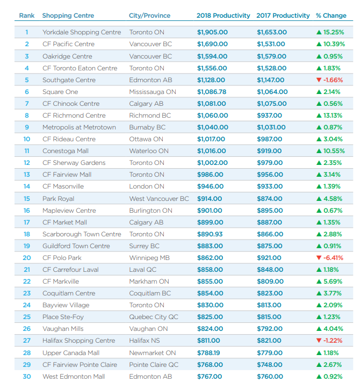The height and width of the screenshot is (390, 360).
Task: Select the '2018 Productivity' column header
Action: pyautogui.click(x=223, y=16)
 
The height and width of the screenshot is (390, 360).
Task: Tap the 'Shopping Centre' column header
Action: pyautogui.click(x=68, y=16)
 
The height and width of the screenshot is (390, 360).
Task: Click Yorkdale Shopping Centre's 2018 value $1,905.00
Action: pyautogui.click(x=212, y=32)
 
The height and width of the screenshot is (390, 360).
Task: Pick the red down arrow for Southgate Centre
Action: pyautogui.click(x=319, y=80)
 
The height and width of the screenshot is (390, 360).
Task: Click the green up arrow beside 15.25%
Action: pyautogui.click(x=319, y=32)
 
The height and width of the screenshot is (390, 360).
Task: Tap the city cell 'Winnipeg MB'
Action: pyautogui.click(x=149, y=258)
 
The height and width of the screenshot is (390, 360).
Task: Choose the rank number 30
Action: pyautogui.click(x=27, y=377)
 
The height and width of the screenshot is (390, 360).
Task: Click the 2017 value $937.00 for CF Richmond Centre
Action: pyautogui.click(x=269, y=115)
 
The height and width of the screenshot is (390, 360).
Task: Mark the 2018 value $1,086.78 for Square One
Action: pyautogui.click(x=212, y=92)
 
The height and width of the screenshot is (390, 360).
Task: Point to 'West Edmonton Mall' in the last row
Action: pyautogui.click(x=74, y=377)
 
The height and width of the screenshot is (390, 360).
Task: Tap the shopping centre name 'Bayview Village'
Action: pyautogui.click(x=66, y=305)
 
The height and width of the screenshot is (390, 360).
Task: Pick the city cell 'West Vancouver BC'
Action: pyautogui.click(x=159, y=199)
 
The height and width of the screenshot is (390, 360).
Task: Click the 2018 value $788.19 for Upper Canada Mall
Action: pyautogui.click(x=210, y=353)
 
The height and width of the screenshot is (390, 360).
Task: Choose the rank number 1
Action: pyautogui.click(x=27, y=32)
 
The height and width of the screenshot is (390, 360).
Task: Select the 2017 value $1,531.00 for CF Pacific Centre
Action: pyautogui.click(x=272, y=44)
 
